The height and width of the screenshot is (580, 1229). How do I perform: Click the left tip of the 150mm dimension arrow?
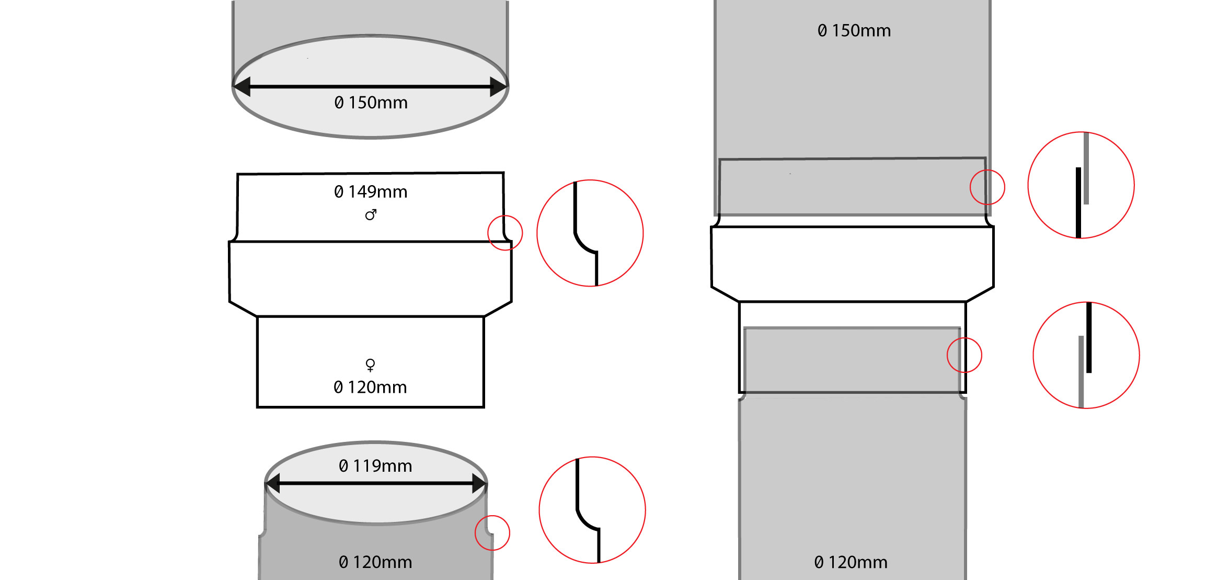(x=234, y=86)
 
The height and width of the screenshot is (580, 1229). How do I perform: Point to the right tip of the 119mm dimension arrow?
(x=487, y=483)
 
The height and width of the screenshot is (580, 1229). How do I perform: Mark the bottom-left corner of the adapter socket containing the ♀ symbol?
(x=257, y=407)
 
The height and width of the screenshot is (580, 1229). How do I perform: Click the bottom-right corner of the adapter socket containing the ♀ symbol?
(x=484, y=407)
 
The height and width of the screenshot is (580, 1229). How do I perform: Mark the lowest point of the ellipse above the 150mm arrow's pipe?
(x=370, y=138)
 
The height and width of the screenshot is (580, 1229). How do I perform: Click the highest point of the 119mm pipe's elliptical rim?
(x=376, y=442)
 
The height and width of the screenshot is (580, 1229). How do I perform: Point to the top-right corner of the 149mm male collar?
(x=503, y=173)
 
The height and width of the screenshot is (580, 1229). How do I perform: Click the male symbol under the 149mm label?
(x=371, y=215)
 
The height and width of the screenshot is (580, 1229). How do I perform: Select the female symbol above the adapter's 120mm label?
(x=370, y=365)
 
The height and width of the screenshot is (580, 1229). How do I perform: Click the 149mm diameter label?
(x=371, y=192)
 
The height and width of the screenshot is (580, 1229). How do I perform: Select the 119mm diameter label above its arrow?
(x=375, y=466)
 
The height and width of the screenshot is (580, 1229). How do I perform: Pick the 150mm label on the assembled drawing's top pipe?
(x=854, y=31)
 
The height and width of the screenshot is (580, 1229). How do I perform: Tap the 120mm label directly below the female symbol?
(x=370, y=388)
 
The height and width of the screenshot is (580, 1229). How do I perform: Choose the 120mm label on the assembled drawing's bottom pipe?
(x=851, y=562)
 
